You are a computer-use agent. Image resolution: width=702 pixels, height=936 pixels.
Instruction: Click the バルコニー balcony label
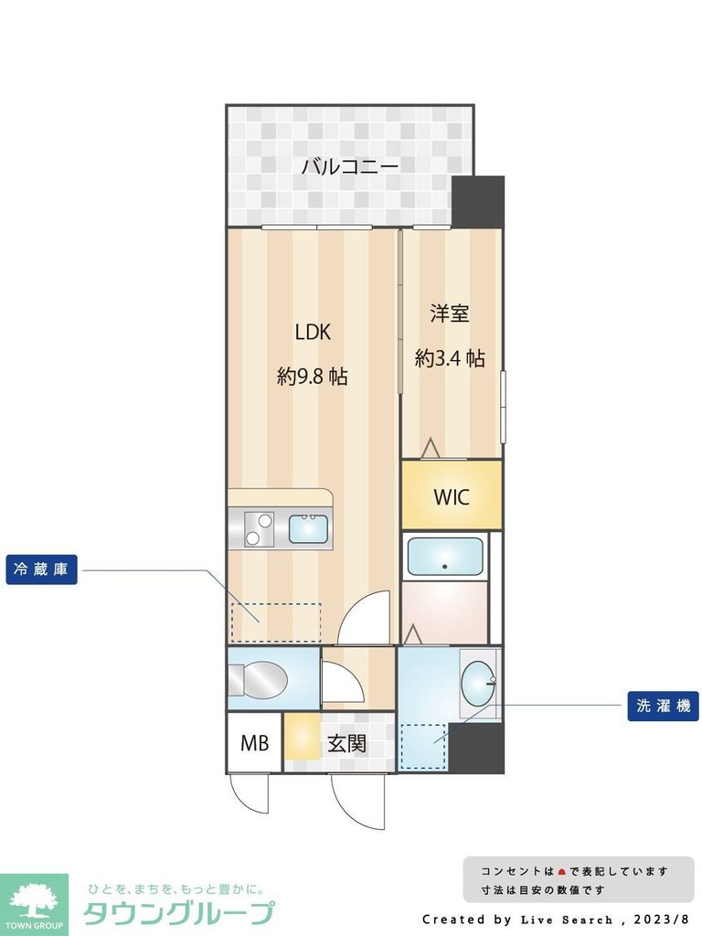coord(349,167)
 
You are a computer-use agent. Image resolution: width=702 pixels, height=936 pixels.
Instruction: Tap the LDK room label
coord(312,333)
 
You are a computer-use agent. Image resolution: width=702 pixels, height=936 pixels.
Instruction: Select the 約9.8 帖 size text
coord(312,376)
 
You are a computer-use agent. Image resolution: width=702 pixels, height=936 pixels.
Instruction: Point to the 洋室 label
coord(450,314)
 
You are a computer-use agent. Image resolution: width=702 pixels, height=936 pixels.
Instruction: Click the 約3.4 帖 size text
coord(450,358)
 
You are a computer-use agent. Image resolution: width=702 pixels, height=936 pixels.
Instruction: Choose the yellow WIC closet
coord(452,496)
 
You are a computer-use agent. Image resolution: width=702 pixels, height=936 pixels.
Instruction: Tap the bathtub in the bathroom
coord(445,556)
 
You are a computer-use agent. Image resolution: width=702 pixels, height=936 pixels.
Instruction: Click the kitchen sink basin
coord(309,528)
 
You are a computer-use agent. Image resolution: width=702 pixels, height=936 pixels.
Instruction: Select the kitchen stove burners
coord(258,529)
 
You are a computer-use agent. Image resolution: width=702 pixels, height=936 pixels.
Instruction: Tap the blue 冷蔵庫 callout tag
coord(41,570)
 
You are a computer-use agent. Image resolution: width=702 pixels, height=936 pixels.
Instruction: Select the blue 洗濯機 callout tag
coord(663,706)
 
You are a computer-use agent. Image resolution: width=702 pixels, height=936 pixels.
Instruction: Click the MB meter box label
coord(255,743)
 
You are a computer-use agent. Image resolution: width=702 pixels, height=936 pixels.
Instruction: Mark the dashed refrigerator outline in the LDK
coord(275,622)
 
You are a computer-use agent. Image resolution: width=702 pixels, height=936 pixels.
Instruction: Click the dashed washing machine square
coord(423,744)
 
